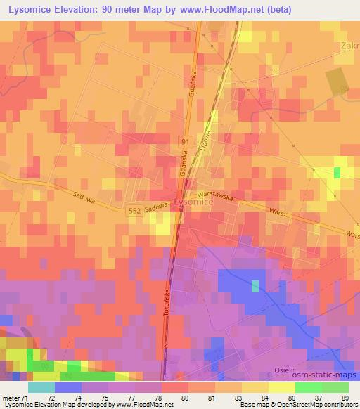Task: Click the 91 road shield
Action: [185, 141]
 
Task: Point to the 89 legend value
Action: [344, 398]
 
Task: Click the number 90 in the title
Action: [113, 10]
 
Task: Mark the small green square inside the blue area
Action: [255, 285]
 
